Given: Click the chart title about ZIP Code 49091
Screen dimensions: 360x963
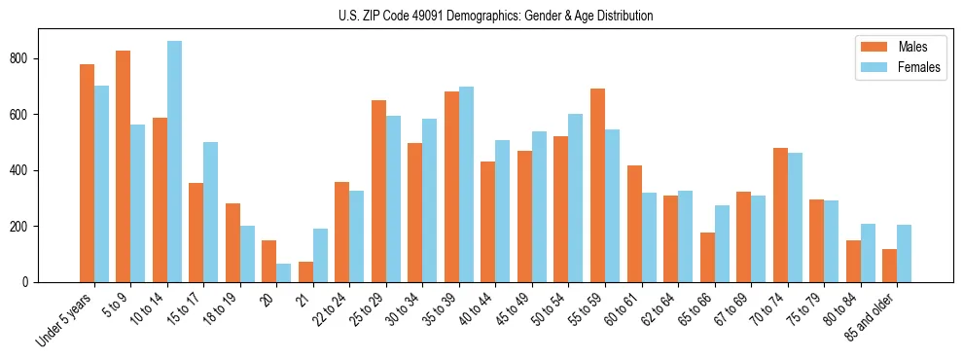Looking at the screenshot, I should click(481, 16).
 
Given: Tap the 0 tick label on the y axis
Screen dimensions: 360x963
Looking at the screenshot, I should click(29, 282).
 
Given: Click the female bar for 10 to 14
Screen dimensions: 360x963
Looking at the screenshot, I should click(174, 162).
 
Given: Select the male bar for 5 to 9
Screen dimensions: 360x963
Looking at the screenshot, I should click(124, 166).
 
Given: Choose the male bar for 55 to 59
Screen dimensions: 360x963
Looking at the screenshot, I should click(597, 185).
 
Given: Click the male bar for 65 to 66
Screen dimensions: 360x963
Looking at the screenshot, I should click(707, 257).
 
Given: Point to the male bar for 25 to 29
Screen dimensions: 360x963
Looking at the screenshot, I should click(378, 191).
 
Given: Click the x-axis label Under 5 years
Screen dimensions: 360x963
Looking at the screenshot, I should click(64, 319).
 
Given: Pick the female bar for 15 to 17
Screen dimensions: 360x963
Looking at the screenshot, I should click(211, 212).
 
